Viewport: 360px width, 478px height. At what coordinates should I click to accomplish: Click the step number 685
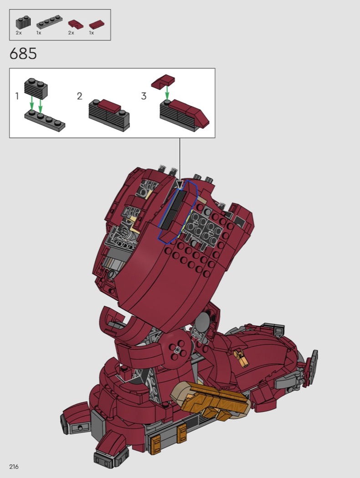pyautogui.click(x=23, y=54)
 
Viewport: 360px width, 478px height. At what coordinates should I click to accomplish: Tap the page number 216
pyautogui.click(x=14, y=467)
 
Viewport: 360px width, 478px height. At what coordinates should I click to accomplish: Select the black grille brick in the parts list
pyautogui.click(x=23, y=23)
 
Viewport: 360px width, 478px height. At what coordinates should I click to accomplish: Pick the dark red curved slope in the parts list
pyautogui.click(x=75, y=25)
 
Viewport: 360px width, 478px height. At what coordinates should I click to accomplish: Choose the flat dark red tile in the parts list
pyautogui.click(x=97, y=25)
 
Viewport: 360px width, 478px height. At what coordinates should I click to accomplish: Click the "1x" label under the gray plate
pyautogui.click(x=39, y=33)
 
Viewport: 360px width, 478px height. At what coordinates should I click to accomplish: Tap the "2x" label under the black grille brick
pyautogui.click(x=19, y=33)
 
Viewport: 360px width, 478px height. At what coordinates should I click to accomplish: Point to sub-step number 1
pyautogui.click(x=17, y=96)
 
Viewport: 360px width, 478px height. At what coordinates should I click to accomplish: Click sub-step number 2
pyautogui.click(x=80, y=96)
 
